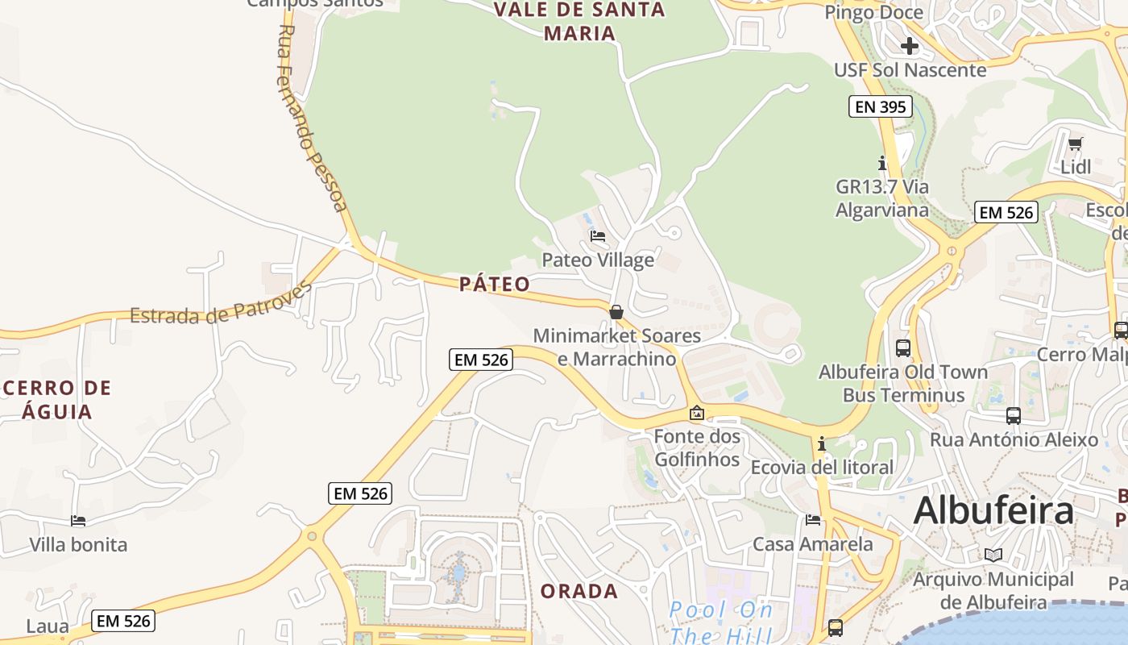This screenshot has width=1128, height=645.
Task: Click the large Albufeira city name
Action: tap(993, 510)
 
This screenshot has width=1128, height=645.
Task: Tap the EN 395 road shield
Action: tap(881, 106)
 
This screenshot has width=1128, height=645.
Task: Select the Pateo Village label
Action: tap(598, 260)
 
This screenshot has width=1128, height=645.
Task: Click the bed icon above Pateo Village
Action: tap(598, 236)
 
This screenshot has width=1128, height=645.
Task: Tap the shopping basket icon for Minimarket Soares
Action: tap(616, 312)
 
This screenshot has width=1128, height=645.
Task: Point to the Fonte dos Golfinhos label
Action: tap(697, 447)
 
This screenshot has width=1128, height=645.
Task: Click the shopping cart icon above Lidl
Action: tap(1076, 144)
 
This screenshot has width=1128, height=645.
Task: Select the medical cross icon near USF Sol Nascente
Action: tap(910, 46)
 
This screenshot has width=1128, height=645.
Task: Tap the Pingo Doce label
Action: tap(873, 13)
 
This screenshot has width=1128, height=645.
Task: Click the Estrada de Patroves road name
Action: tap(221, 303)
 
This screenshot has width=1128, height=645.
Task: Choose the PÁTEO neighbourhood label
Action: tap(495, 284)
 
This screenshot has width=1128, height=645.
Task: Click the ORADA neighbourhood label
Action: tap(579, 591)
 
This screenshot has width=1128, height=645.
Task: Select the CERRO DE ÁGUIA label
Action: tap(57, 400)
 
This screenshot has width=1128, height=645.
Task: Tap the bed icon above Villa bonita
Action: tap(78, 521)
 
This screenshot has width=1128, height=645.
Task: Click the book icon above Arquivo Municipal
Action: tap(993, 555)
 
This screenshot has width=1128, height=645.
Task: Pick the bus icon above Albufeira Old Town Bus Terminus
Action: tap(903, 348)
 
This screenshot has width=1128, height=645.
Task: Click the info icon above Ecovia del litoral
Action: tap(821, 444)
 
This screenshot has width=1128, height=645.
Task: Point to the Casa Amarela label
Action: tap(812, 544)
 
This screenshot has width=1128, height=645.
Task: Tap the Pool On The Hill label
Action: tap(720, 622)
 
